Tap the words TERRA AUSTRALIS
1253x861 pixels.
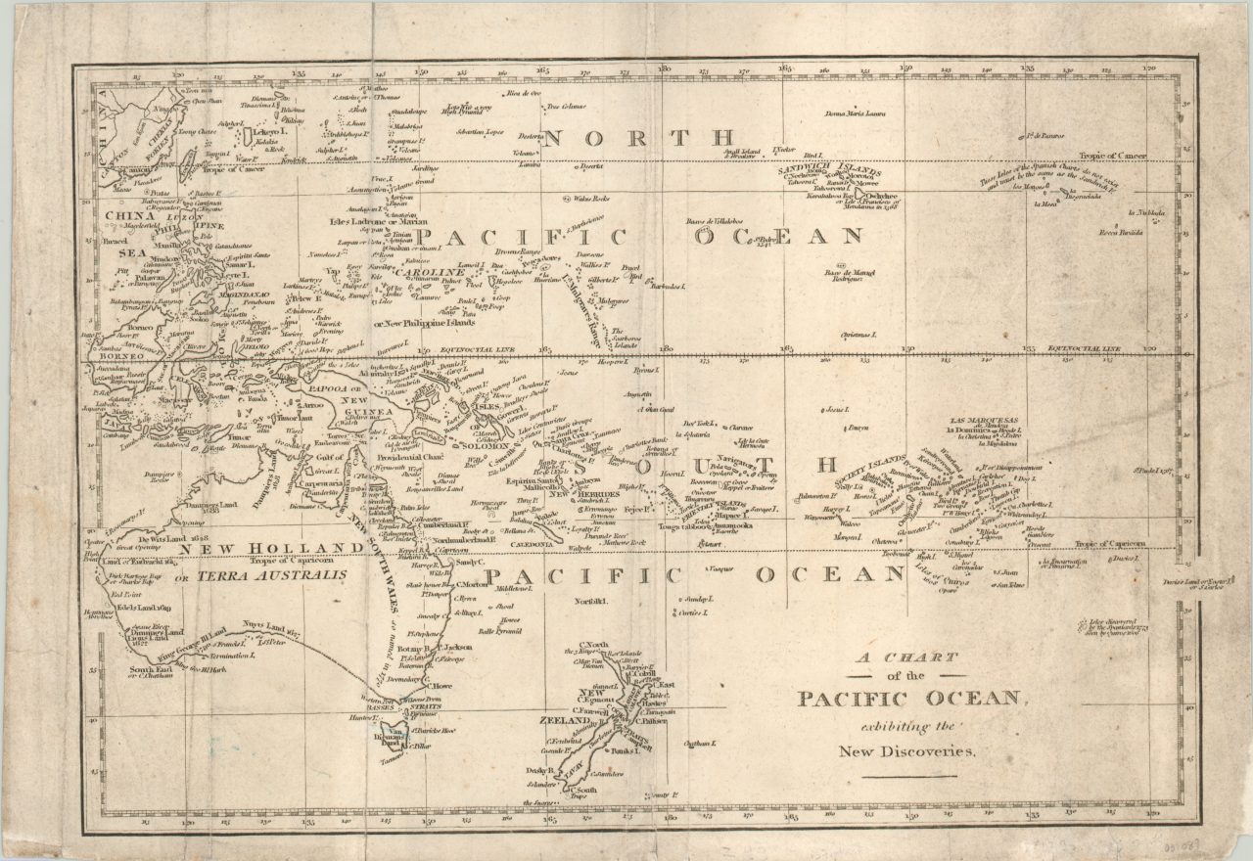click(x=272, y=577)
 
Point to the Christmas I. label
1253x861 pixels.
click(x=858, y=335)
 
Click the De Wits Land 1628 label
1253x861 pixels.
click(x=153, y=538)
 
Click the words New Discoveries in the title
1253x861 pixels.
click(x=906, y=751)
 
